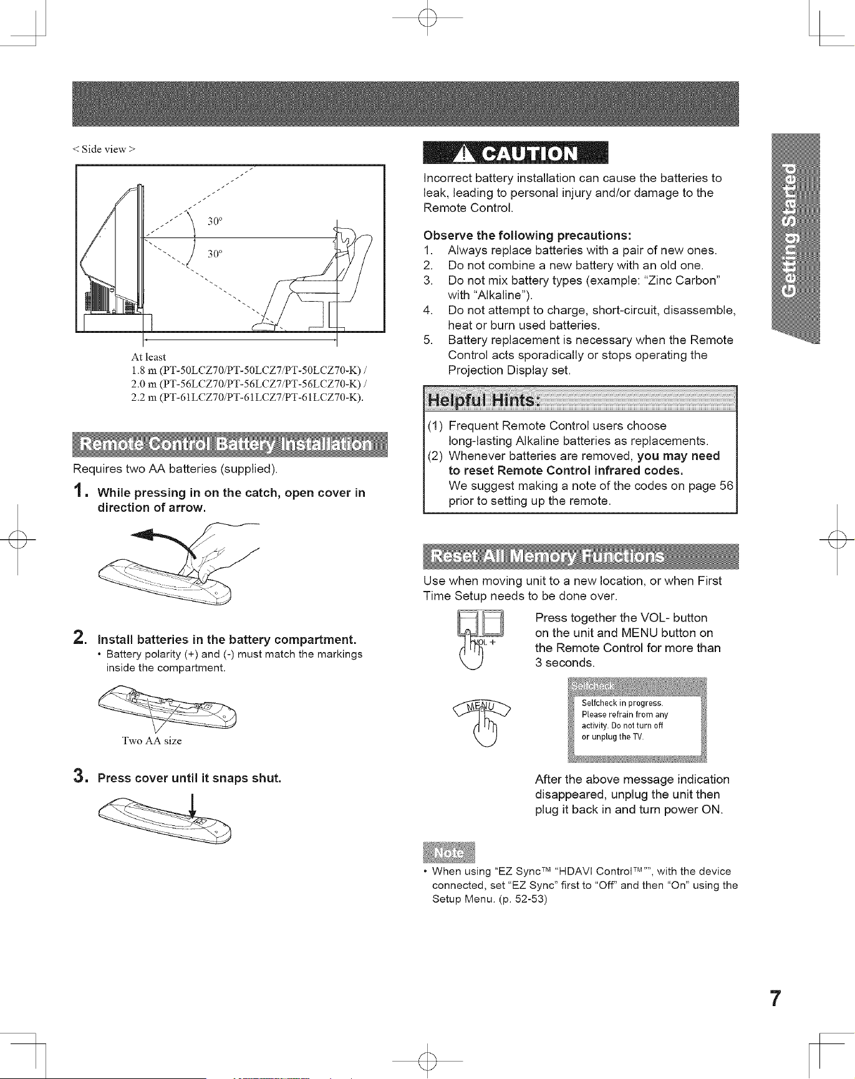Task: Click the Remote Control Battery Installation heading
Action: pyautogui.click(x=229, y=444)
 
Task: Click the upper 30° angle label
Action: pyautogui.click(x=215, y=221)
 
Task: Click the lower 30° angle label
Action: pyautogui.click(x=215, y=254)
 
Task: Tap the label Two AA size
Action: pyautogui.click(x=152, y=741)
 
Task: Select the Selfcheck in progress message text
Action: pyautogui.click(x=626, y=720)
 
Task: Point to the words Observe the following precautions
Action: pyautogui.click(x=528, y=236)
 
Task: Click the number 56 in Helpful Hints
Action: pyautogui.click(x=726, y=486)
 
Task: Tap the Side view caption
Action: pyautogui.click(x=104, y=149)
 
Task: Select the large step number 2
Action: pyautogui.click(x=80, y=638)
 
